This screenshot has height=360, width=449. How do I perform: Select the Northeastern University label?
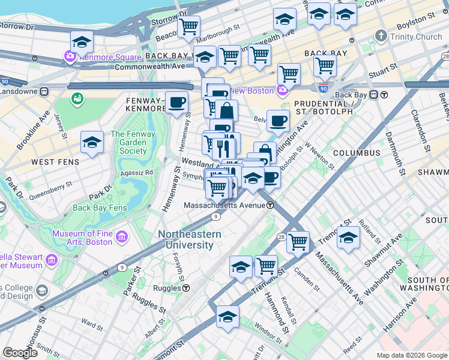coord(190,239)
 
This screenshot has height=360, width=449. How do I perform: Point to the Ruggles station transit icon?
coord(186,288)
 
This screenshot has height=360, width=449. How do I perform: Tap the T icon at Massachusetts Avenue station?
coord(271,205)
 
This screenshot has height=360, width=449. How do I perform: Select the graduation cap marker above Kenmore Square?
coord(82,42)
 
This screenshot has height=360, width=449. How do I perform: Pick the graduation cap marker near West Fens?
coord(92,143)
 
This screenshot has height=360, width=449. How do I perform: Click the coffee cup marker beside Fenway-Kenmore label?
coord(176,103)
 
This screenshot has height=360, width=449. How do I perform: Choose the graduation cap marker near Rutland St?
coord(348,238)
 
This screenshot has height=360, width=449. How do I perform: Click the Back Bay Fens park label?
coord(100,208)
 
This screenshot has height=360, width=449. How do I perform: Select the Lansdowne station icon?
coord(44,92)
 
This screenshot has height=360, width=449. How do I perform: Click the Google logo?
coord(20,353)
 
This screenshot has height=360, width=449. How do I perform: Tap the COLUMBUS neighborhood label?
coord(357,153)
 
